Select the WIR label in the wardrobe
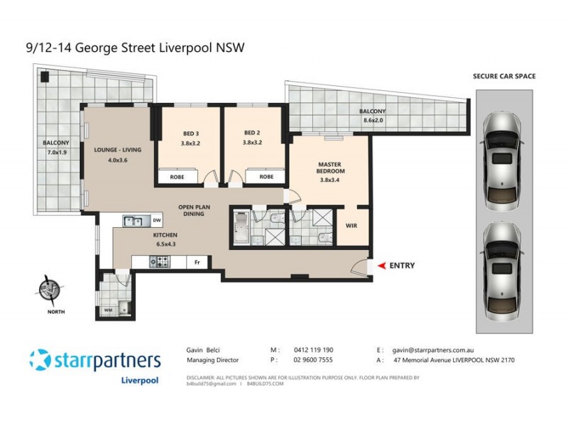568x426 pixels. click(350, 226)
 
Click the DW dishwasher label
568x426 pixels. click(156, 221)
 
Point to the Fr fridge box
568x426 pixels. click(197, 263)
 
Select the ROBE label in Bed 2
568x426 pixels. click(266, 177)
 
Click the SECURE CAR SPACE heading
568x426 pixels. click(505, 76)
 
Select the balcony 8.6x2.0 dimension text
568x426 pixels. click(372, 121)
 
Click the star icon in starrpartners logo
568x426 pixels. click(40, 360)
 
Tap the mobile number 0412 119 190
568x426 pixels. click(312, 350)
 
